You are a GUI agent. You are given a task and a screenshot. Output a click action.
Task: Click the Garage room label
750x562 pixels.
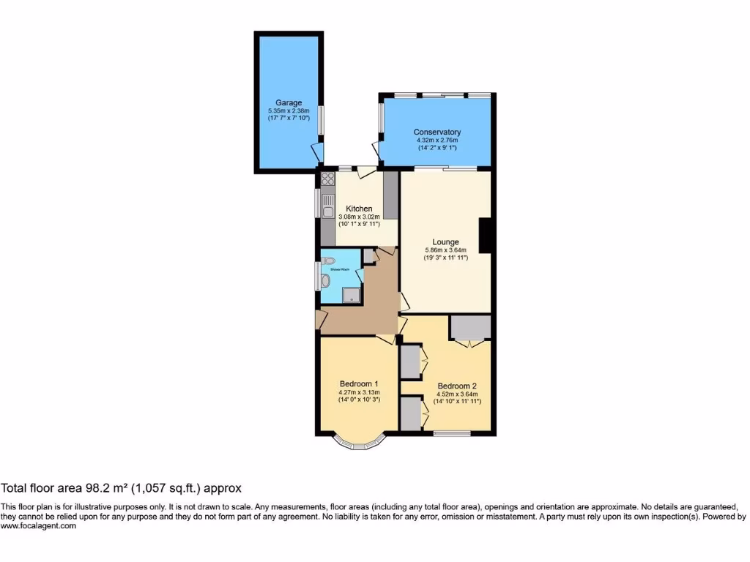pyautogui.click(x=289, y=102)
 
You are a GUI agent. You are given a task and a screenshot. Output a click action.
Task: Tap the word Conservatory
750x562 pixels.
pyautogui.click(x=437, y=132)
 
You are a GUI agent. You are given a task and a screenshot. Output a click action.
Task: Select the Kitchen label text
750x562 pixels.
pyautogui.click(x=359, y=209)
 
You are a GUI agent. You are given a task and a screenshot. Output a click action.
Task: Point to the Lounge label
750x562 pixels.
pyautogui.click(x=445, y=242)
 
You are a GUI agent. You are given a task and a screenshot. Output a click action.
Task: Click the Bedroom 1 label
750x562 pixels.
pyautogui.click(x=358, y=383)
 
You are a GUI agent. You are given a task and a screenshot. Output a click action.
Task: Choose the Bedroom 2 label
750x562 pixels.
pyautogui.click(x=457, y=386)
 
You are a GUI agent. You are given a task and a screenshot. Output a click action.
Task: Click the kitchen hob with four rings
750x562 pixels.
pyautogui.click(x=327, y=180)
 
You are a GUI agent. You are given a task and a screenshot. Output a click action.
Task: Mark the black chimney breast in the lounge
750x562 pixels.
pyautogui.click(x=485, y=236)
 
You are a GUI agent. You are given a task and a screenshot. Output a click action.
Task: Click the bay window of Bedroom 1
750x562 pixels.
pyautogui.click(x=358, y=443)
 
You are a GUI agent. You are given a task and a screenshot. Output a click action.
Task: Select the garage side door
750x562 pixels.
pyautogui.click(x=316, y=153)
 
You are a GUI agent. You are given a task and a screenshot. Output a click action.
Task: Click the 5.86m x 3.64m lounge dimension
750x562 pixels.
pyautogui.click(x=445, y=251)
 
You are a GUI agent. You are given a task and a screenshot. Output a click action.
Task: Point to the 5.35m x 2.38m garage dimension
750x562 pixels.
pyautogui.click(x=289, y=111)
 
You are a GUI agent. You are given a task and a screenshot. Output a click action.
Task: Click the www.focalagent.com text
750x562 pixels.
pyautogui.click(x=38, y=525)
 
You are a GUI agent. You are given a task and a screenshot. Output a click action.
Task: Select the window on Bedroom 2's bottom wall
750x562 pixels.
pyautogui.click(x=450, y=434)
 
